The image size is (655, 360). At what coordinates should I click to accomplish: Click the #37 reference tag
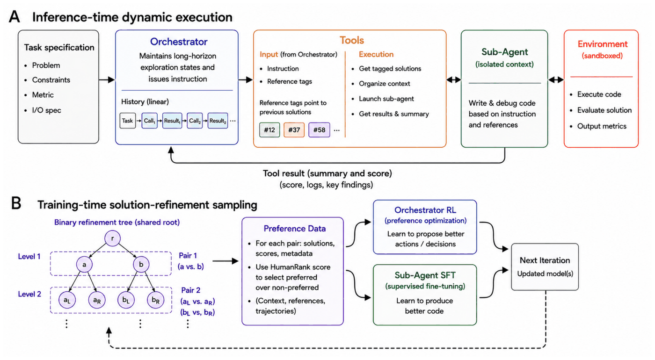click(x=294, y=130)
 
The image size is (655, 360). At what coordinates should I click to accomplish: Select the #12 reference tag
click(x=269, y=130)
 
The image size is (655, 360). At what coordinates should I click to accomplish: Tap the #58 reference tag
click(x=319, y=130)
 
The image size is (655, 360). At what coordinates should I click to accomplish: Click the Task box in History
click(x=127, y=121)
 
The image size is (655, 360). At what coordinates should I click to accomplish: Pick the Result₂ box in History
click(x=218, y=121)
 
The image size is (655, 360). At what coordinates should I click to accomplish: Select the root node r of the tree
click(x=112, y=238)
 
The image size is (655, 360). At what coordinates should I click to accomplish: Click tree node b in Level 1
click(x=141, y=265)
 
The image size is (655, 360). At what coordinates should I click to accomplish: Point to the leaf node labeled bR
click(x=155, y=300)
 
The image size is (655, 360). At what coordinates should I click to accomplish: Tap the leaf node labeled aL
click(x=67, y=300)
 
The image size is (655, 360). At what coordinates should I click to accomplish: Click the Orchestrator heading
click(x=179, y=42)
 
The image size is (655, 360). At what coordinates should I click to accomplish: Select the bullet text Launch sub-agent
click(x=386, y=99)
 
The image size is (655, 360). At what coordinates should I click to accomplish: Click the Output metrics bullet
click(x=602, y=126)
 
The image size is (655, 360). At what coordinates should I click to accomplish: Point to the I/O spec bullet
click(x=46, y=110)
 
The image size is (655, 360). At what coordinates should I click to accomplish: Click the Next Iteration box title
click(x=545, y=260)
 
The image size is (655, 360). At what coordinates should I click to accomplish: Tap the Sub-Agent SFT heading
click(x=425, y=275)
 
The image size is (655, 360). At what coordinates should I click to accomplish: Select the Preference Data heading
click(x=294, y=229)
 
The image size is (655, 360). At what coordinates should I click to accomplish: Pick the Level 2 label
click(x=29, y=294)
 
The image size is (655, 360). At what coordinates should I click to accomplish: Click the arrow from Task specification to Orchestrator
click(x=107, y=79)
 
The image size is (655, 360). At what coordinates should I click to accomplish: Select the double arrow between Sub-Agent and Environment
click(x=556, y=79)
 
